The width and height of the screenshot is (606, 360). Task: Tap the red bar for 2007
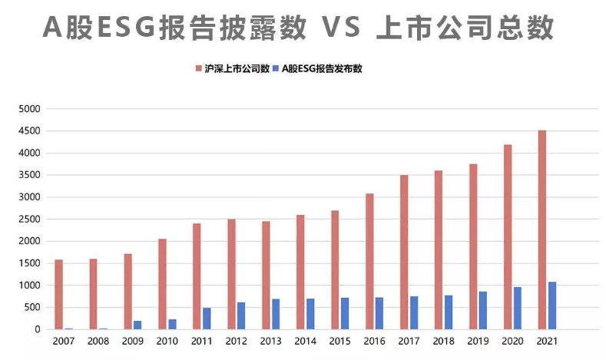click(x=58, y=294)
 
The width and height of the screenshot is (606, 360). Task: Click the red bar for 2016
click(x=369, y=261)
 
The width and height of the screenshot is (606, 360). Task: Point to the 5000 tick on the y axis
click(x=28, y=109)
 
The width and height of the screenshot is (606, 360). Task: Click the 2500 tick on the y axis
click(x=28, y=220)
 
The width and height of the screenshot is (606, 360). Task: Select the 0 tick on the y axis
click(x=35, y=329)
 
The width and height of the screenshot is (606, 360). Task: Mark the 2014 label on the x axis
click(x=306, y=341)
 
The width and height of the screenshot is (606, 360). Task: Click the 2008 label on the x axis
click(x=98, y=341)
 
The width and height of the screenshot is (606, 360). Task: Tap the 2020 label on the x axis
click(x=512, y=341)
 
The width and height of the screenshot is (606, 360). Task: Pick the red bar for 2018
click(x=439, y=249)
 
